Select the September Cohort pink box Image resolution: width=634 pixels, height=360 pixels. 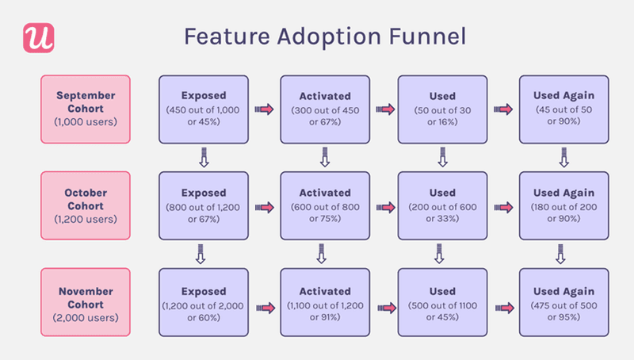point(85,109)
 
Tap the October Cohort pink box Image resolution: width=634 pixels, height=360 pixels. point(85,205)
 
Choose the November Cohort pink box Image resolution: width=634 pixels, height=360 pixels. point(85,304)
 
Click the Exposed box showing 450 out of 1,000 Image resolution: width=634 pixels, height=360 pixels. point(204,109)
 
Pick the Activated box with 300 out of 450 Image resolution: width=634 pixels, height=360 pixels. point(324,109)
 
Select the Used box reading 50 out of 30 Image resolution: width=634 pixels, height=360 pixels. point(442,109)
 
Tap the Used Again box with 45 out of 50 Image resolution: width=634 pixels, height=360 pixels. point(563,109)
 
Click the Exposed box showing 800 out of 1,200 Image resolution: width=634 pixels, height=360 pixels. point(204,205)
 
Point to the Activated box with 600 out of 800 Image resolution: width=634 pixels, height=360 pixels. point(324,205)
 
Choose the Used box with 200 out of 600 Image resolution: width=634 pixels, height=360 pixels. point(442,205)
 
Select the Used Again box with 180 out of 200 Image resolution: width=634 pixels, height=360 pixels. point(563,205)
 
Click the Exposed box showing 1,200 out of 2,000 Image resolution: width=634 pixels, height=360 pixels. point(204,304)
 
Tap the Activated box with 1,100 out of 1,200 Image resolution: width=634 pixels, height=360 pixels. point(324,304)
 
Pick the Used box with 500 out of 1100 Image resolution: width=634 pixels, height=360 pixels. point(442,304)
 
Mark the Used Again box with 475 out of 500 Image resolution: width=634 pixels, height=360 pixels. point(563,304)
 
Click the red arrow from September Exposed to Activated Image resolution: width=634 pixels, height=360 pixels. point(264,109)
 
